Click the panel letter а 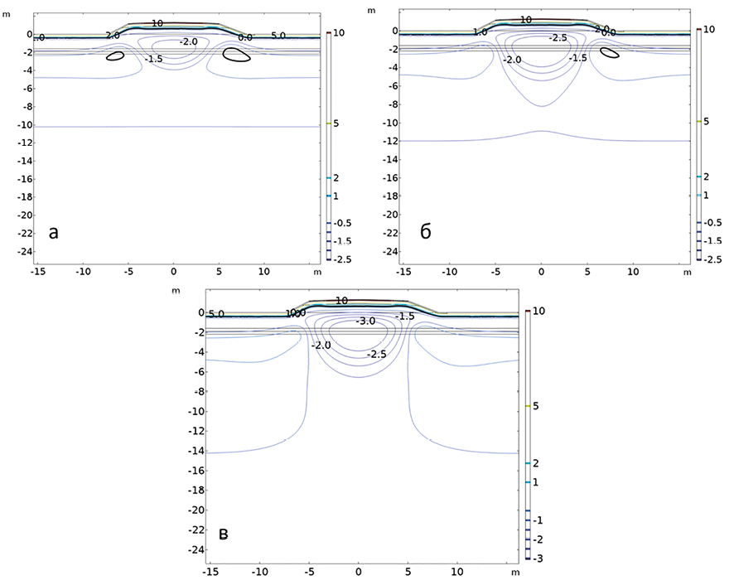pos(54,233)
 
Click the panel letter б pos(426,231)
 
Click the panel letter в pos(223,534)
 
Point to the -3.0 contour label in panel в pos(365,321)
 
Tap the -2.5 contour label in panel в pos(377,354)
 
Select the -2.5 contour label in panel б pos(558,38)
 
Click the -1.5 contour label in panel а pos(153,60)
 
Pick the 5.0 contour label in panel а pos(278,36)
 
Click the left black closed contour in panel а pos(115,57)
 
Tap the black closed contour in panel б pos(610,53)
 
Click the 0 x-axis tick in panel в pos(358,572)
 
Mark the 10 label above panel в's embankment pos(342,301)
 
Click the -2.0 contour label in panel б pos(512,60)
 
